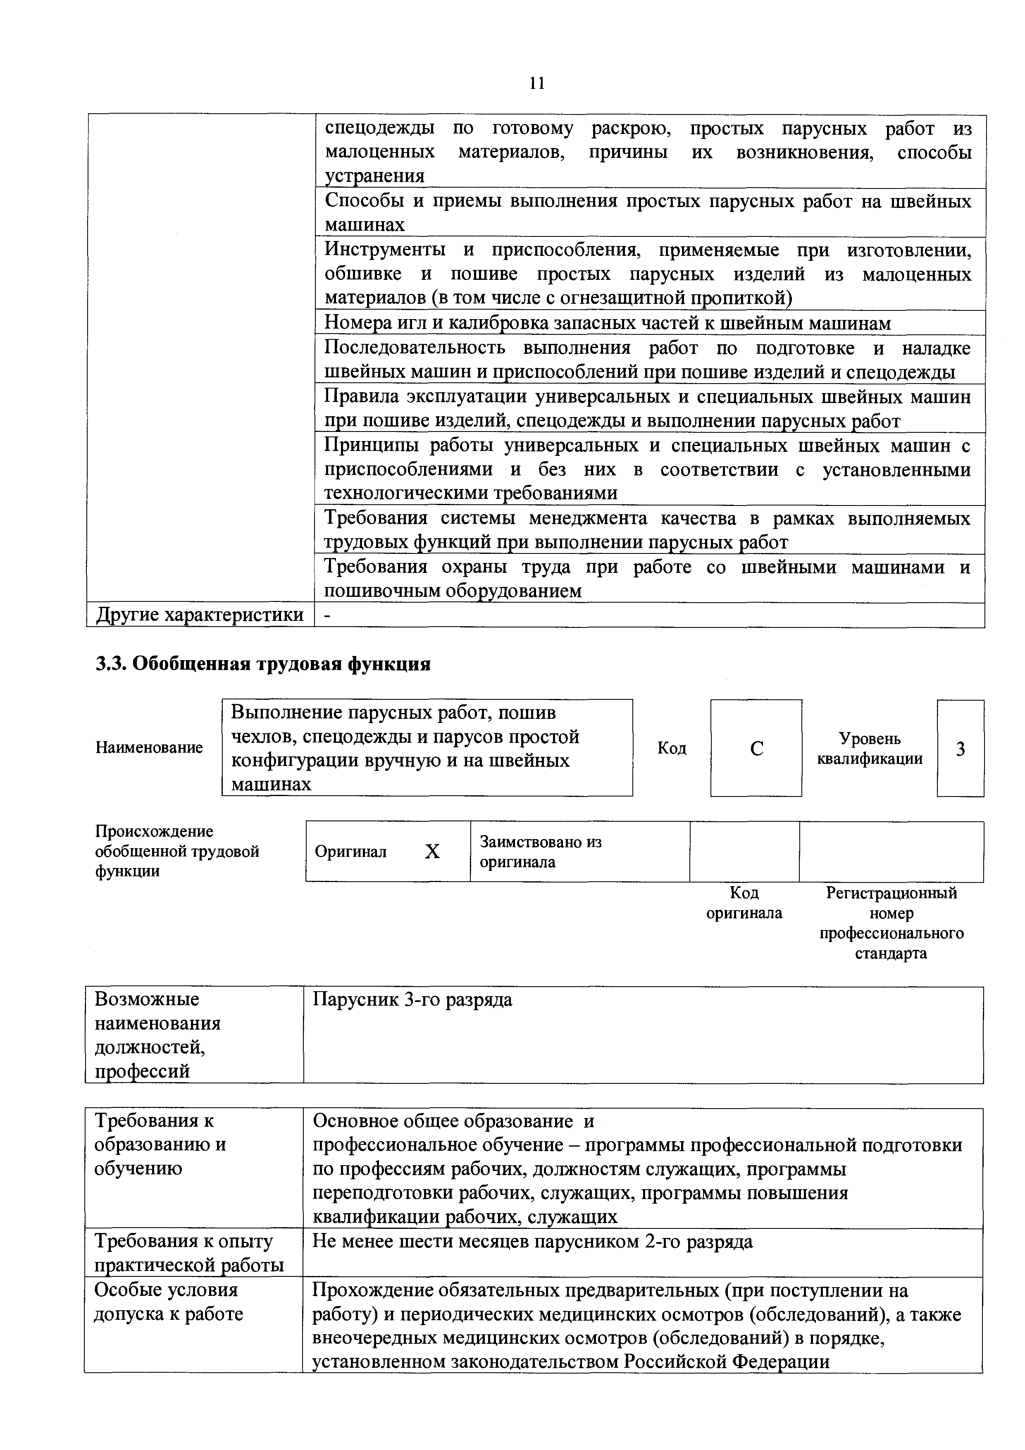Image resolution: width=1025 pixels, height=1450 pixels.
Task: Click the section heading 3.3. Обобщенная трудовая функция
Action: click(263, 664)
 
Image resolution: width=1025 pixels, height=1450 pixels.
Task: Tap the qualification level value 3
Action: click(960, 749)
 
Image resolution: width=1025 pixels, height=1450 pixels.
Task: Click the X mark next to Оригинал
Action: click(432, 852)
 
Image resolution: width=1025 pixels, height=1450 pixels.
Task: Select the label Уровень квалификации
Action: click(870, 749)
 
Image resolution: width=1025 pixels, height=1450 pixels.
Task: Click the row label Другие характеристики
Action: click(200, 615)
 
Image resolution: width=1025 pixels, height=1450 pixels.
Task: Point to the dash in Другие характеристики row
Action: click(327, 615)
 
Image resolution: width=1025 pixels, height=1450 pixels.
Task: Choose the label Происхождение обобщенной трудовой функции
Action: click(177, 851)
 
